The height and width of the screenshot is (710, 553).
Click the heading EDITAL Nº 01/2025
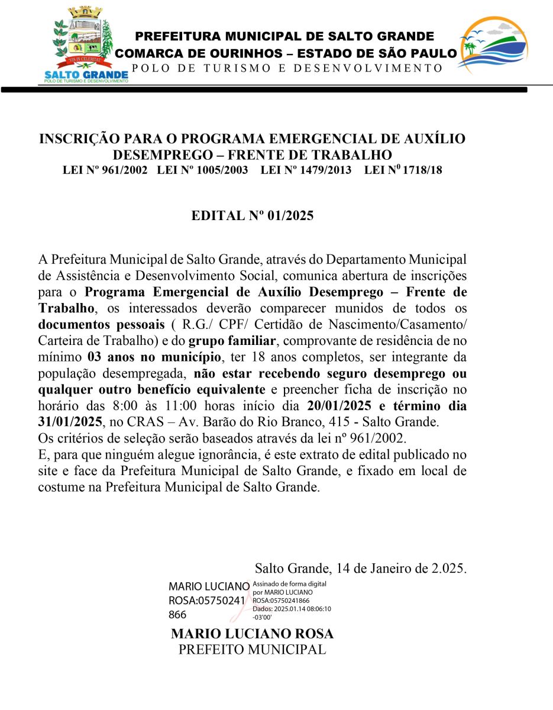(x=252, y=216)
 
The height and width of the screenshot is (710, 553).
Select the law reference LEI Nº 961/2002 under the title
(x=105, y=170)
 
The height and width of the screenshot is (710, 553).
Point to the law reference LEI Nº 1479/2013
(x=306, y=170)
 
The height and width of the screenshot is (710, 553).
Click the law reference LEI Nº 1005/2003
(x=202, y=170)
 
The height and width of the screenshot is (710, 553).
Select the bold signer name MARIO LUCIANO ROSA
(x=252, y=634)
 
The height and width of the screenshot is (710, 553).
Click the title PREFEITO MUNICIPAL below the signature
(x=252, y=649)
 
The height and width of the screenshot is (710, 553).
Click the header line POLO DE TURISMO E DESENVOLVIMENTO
(x=287, y=68)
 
